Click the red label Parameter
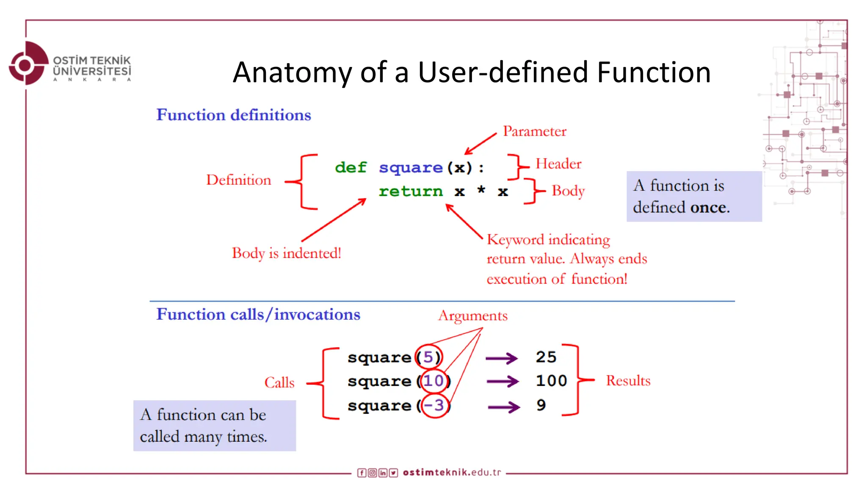click(534, 131)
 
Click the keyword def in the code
click(351, 168)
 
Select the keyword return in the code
click(410, 191)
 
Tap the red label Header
click(558, 164)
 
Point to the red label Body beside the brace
click(568, 191)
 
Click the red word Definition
click(238, 180)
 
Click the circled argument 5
click(428, 357)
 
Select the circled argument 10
click(433, 381)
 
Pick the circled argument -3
click(434, 405)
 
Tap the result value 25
click(546, 357)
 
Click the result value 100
click(551, 381)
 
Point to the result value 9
click(541, 405)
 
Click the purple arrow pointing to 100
click(502, 381)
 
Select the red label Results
click(628, 381)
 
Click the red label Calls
click(279, 383)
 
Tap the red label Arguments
click(472, 316)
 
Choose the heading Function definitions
click(233, 115)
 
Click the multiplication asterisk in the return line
click(481, 190)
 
